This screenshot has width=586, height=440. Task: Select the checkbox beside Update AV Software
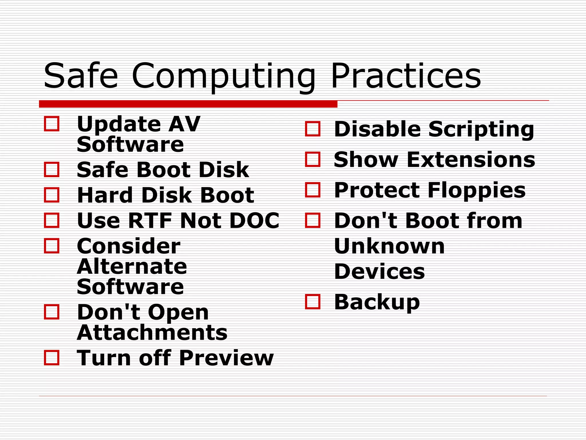(x=52, y=124)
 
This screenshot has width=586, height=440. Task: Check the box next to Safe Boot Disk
(x=52, y=169)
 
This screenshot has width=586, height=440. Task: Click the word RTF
(x=150, y=221)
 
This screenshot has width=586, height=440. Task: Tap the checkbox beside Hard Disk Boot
(x=52, y=195)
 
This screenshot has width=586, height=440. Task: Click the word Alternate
(x=132, y=266)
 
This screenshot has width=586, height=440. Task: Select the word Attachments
(x=152, y=333)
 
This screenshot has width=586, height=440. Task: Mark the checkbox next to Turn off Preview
(x=52, y=358)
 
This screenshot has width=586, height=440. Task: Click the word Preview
(x=226, y=358)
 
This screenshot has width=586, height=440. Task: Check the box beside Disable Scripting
(x=313, y=129)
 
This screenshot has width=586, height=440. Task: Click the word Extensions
(x=471, y=160)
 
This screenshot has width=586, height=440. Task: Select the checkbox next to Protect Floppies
(x=313, y=190)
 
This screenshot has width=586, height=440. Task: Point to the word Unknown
(x=389, y=246)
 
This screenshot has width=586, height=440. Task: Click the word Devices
(x=379, y=271)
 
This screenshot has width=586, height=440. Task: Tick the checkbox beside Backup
(x=313, y=302)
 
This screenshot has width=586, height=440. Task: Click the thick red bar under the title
(x=188, y=104)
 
